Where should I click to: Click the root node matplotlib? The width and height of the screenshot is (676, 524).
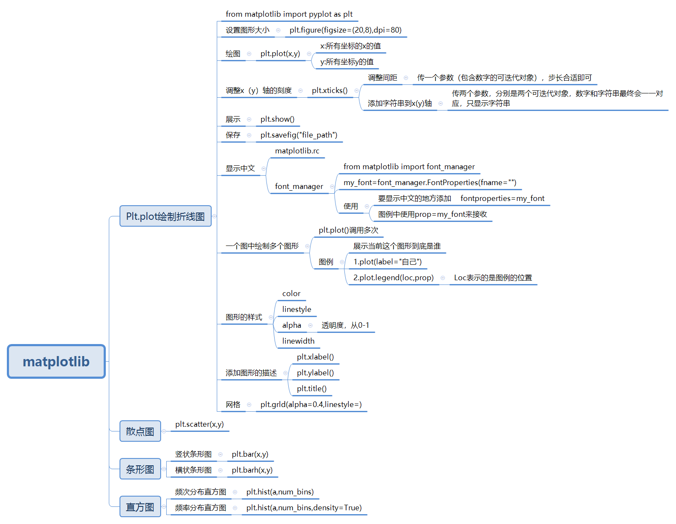[56, 361]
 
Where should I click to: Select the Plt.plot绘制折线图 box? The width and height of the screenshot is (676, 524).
[165, 216]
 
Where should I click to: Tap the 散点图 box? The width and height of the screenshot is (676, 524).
[140, 431]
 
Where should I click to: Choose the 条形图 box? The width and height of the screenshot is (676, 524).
[140, 469]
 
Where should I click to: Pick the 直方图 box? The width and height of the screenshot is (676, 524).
[140, 507]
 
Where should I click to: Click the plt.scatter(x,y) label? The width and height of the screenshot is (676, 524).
[199, 424]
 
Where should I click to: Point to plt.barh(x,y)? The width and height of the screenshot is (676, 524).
[252, 470]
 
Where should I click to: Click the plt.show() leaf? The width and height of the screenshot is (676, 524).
[277, 119]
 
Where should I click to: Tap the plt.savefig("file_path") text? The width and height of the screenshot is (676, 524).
[299, 135]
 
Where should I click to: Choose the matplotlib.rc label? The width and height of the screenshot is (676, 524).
[297, 151]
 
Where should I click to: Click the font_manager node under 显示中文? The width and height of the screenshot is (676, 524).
[299, 186]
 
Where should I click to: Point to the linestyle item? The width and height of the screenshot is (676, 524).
[296, 309]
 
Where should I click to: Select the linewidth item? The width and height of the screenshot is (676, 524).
[298, 341]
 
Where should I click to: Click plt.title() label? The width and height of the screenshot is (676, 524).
[311, 389]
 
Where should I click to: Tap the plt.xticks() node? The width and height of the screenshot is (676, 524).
[329, 90]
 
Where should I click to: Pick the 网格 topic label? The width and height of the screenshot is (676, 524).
[233, 404]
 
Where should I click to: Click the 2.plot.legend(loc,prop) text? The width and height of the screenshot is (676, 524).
[393, 278]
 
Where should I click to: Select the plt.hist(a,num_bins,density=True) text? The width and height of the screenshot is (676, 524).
[304, 508]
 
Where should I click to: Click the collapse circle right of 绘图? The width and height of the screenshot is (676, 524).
[249, 54]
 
